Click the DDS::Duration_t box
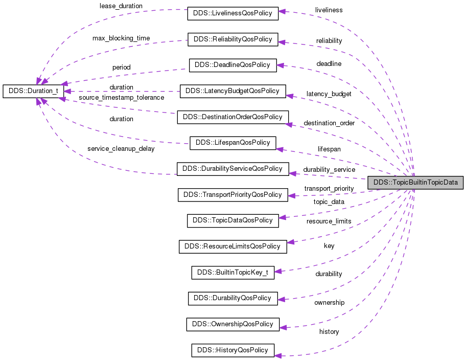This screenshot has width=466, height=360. (x=33, y=91)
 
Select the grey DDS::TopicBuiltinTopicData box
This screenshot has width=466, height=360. (x=415, y=182)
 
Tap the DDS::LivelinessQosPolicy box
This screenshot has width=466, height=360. (x=232, y=13)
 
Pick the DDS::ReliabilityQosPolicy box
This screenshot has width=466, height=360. (x=232, y=39)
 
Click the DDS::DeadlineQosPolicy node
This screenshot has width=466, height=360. (x=232, y=65)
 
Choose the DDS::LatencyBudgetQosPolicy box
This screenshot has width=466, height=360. (x=232, y=91)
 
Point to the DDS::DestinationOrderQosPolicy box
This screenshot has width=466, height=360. (x=232, y=117)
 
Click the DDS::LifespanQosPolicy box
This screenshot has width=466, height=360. (x=232, y=143)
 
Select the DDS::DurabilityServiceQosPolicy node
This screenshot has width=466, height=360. (x=232, y=168)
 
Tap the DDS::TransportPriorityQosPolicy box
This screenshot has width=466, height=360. (x=232, y=195)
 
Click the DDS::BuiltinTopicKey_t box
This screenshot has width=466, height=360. (x=232, y=272)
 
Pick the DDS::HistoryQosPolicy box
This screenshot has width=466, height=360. (x=232, y=350)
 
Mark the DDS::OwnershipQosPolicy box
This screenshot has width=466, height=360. (x=232, y=324)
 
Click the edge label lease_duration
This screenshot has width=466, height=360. (x=121, y=6)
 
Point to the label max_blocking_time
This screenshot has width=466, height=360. (x=121, y=38)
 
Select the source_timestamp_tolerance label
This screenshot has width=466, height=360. (x=122, y=97)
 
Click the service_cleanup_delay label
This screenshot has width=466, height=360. (x=121, y=149)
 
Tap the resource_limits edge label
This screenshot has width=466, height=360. (x=329, y=221)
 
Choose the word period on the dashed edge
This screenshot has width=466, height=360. (x=122, y=67)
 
